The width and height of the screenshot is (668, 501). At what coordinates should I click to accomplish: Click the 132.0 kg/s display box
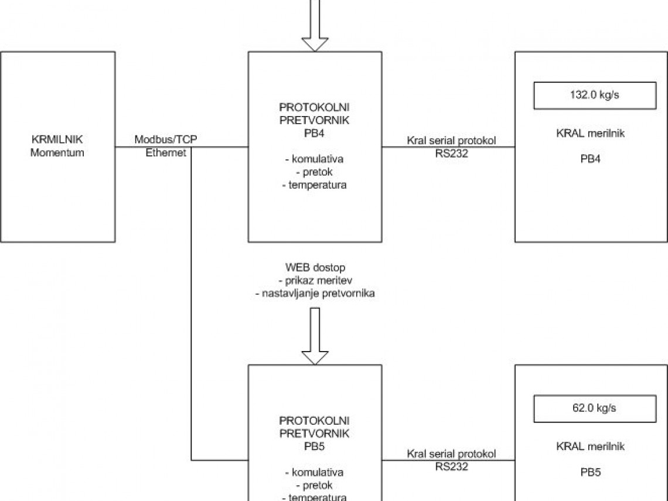[x=594, y=96]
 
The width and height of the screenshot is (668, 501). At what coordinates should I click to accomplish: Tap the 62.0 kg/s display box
[x=594, y=408]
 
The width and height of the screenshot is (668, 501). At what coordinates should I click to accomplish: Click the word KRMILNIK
[x=57, y=140]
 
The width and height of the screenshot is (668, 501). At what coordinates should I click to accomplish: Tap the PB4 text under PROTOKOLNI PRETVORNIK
[x=315, y=134]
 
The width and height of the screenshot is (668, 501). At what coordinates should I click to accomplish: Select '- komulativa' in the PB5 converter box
[x=314, y=472]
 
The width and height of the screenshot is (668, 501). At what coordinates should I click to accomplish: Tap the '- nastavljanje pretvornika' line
[x=315, y=294]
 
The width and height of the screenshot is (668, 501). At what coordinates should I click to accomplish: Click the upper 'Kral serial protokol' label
[x=451, y=141]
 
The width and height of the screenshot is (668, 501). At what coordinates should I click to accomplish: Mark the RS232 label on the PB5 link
[x=451, y=466]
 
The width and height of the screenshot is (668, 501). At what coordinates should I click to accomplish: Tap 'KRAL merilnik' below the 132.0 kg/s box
[x=590, y=134]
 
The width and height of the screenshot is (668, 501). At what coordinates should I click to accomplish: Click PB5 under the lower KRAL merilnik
[x=590, y=472]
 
